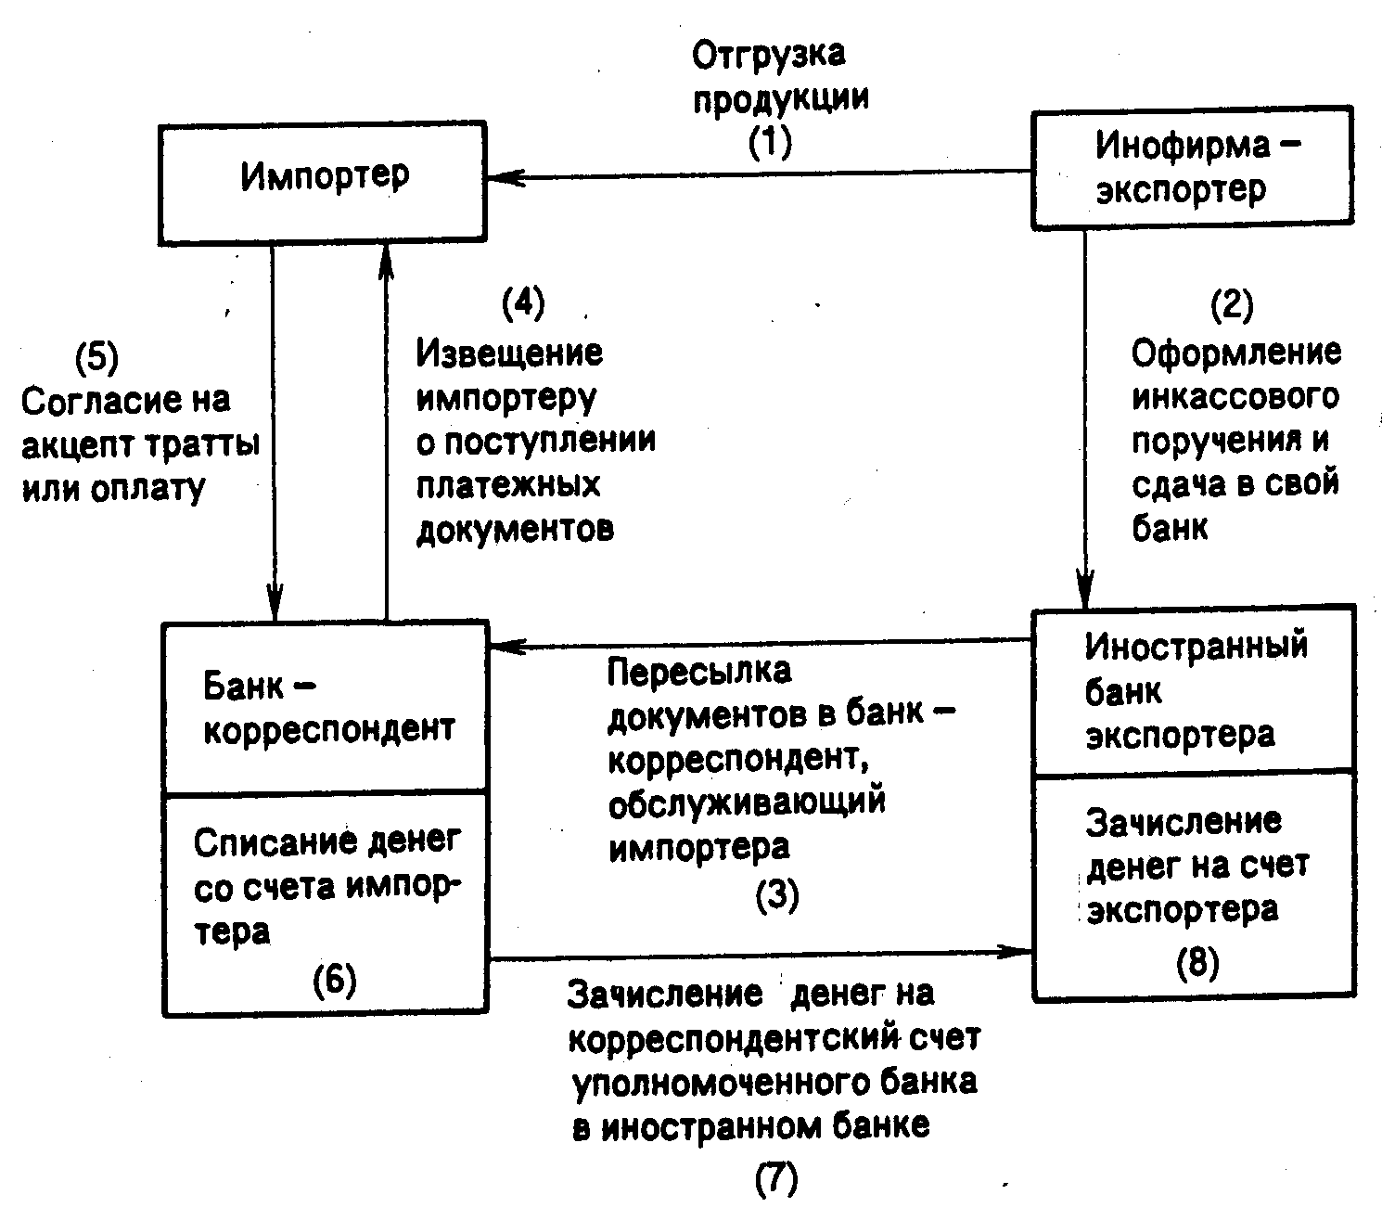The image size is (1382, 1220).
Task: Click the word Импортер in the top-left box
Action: click(325, 176)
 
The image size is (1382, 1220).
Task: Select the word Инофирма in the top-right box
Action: click(1183, 145)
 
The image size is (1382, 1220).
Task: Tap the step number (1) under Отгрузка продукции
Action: click(770, 142)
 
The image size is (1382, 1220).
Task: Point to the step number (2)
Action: click(1232, 304)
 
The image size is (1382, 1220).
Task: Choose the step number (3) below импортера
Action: click(777, 895)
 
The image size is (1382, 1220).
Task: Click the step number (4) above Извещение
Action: click(523, 302)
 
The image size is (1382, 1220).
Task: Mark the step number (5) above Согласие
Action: click(96, 356)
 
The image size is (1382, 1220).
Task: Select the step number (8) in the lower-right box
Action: click(1197, 962)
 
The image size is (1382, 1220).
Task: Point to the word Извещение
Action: click(509, 353)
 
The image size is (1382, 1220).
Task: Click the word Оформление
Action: click(1236, 353)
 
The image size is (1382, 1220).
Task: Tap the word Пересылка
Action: click(699, 670)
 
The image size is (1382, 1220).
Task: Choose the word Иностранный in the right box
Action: click(1196, 646)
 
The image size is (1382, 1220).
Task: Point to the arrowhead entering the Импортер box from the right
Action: click(505, 177)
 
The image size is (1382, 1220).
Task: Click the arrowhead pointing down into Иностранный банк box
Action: click(1084, 588)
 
